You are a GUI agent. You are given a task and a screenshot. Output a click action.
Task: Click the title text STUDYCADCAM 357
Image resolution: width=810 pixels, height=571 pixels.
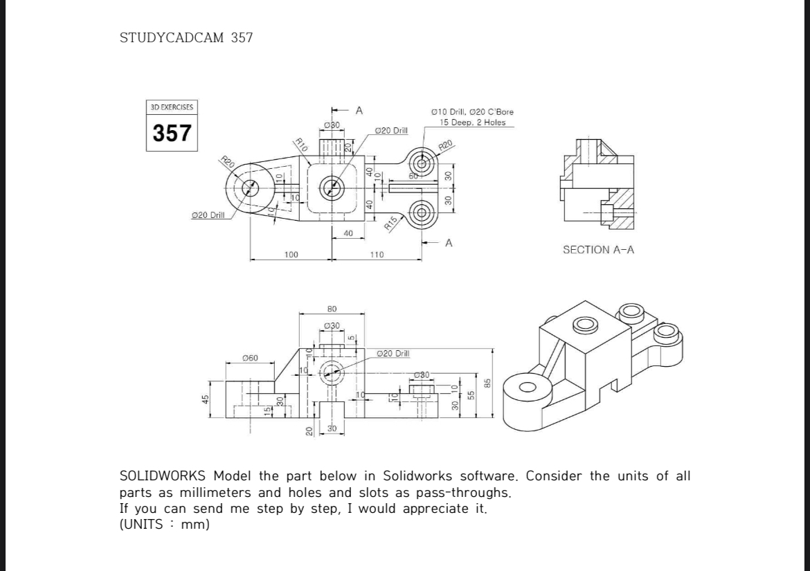pos(186,38)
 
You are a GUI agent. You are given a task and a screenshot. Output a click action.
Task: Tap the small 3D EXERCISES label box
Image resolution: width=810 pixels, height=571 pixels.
pos(172,107)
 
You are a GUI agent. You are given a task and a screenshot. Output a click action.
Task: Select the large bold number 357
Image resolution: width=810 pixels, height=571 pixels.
pos(172,132)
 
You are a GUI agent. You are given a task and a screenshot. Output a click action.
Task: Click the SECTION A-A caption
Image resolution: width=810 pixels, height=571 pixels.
pos(598,250)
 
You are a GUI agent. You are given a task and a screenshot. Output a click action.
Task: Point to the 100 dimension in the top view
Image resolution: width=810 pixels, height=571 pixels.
pos(291,255)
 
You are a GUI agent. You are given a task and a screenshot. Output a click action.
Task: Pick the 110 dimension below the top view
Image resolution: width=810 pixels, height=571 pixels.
pos(377,255)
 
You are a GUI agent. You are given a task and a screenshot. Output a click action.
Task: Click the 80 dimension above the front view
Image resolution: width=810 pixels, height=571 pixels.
pos(332,309)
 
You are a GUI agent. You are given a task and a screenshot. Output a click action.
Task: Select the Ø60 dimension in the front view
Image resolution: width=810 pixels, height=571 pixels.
pos(250,358)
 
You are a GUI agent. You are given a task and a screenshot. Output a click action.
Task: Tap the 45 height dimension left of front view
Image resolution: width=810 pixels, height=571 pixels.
pos(206,399)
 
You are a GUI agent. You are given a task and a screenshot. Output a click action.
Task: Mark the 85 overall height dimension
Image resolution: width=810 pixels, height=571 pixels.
pos(487,383)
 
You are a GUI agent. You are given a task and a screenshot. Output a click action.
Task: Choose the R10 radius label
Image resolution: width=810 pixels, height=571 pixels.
pos(300,145)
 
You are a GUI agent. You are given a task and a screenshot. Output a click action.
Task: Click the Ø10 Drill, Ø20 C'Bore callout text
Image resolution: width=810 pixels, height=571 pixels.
pos(472,111)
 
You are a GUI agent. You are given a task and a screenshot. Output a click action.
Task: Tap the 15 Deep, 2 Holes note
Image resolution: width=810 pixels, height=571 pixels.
pos(473,123)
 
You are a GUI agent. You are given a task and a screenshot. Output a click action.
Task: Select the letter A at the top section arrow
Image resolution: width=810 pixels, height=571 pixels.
pos(359,110)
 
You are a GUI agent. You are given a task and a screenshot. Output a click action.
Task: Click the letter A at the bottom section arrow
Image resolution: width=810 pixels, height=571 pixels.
pos(449,243)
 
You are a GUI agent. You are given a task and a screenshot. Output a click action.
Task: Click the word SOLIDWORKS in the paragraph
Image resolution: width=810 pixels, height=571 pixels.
pos(162,476)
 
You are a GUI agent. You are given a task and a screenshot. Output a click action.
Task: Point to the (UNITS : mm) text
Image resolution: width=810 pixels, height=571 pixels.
pos(165,524)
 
